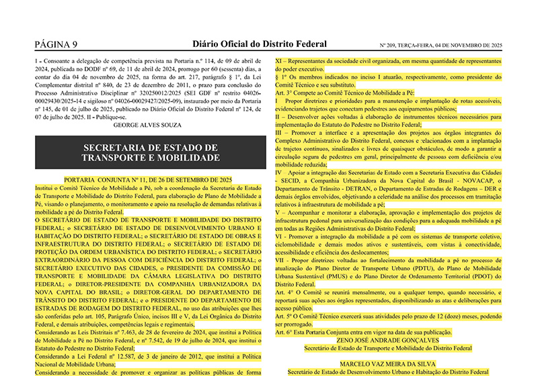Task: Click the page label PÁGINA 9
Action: click(x=56, y=44)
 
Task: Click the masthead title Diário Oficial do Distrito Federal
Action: click(x=260, y=44)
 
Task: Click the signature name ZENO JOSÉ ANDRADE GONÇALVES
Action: click(x=387, y=340)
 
